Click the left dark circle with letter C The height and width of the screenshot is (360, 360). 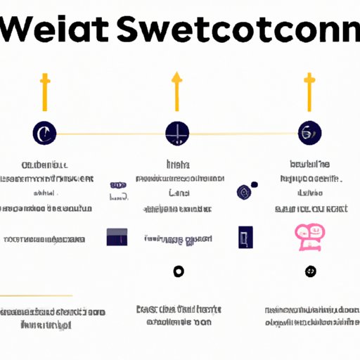[x=44, y=132]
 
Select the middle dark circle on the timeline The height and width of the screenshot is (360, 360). [x=176, y=132]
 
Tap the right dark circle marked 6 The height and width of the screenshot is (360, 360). [x=309, y=131]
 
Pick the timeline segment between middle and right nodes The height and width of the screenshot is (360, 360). [x=243, y=133]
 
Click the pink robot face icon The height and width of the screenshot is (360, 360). [x=308, y=237]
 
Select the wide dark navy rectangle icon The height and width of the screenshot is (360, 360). [x=117, y=237]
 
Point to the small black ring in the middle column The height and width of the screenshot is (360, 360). [x=178, y=271]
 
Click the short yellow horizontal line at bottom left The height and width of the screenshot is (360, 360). [x=37, y=295]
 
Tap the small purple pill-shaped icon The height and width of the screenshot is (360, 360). [x=117, y=192]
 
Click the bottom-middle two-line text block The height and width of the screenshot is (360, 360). [x=177, y=316]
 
